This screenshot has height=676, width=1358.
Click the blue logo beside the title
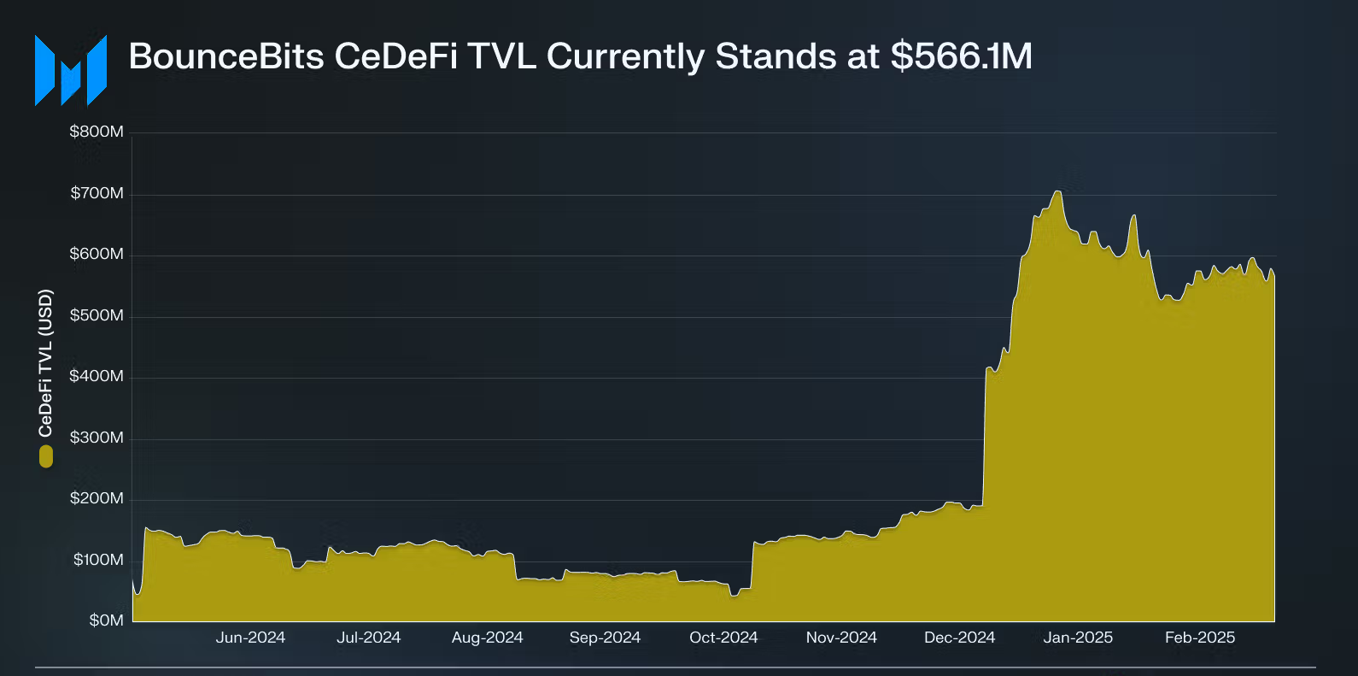click(x=71, y=70)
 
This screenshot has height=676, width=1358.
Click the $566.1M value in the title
click(x=961, y=56)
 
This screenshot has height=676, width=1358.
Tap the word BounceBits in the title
click(x=226, y=56)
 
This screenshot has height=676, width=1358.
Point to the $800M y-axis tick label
click(x=97, y=132)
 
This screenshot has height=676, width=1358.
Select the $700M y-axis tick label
click(x=97, y=193)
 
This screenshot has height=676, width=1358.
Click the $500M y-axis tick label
click(x=97, y=315)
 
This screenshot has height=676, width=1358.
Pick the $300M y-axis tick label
click(x=97, y=438)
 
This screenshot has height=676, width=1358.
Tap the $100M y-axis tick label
click(x=98, y=560)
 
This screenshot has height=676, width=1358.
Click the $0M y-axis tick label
click(x=106, y=620)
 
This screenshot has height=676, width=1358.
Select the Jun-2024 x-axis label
click(x=250, y=638)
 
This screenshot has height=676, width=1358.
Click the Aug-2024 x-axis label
click(x=487, y=638)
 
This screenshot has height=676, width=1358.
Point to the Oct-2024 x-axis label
click(x=723, y=638)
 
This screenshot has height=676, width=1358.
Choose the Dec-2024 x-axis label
click(x=959, y=638)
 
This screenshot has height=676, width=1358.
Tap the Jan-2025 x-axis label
click(x=1078, y=638)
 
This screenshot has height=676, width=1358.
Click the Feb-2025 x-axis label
click(x=1200, y=638)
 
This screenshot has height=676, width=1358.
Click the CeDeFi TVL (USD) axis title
click(x=46, y=363)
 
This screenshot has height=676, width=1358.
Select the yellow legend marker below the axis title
click(x=46, y=457)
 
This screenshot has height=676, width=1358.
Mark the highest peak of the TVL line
click(x=1057, y=191)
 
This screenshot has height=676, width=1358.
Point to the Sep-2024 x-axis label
click(x=605, y=638)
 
